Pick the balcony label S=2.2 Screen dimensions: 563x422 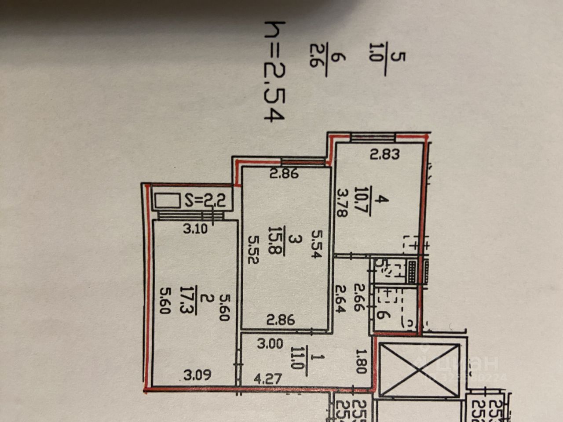pos(205,201)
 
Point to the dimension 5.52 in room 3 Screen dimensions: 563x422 pos(254,249)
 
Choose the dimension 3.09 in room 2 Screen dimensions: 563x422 pos(197,375)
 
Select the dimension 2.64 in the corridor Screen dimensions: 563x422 pos(342,298)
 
